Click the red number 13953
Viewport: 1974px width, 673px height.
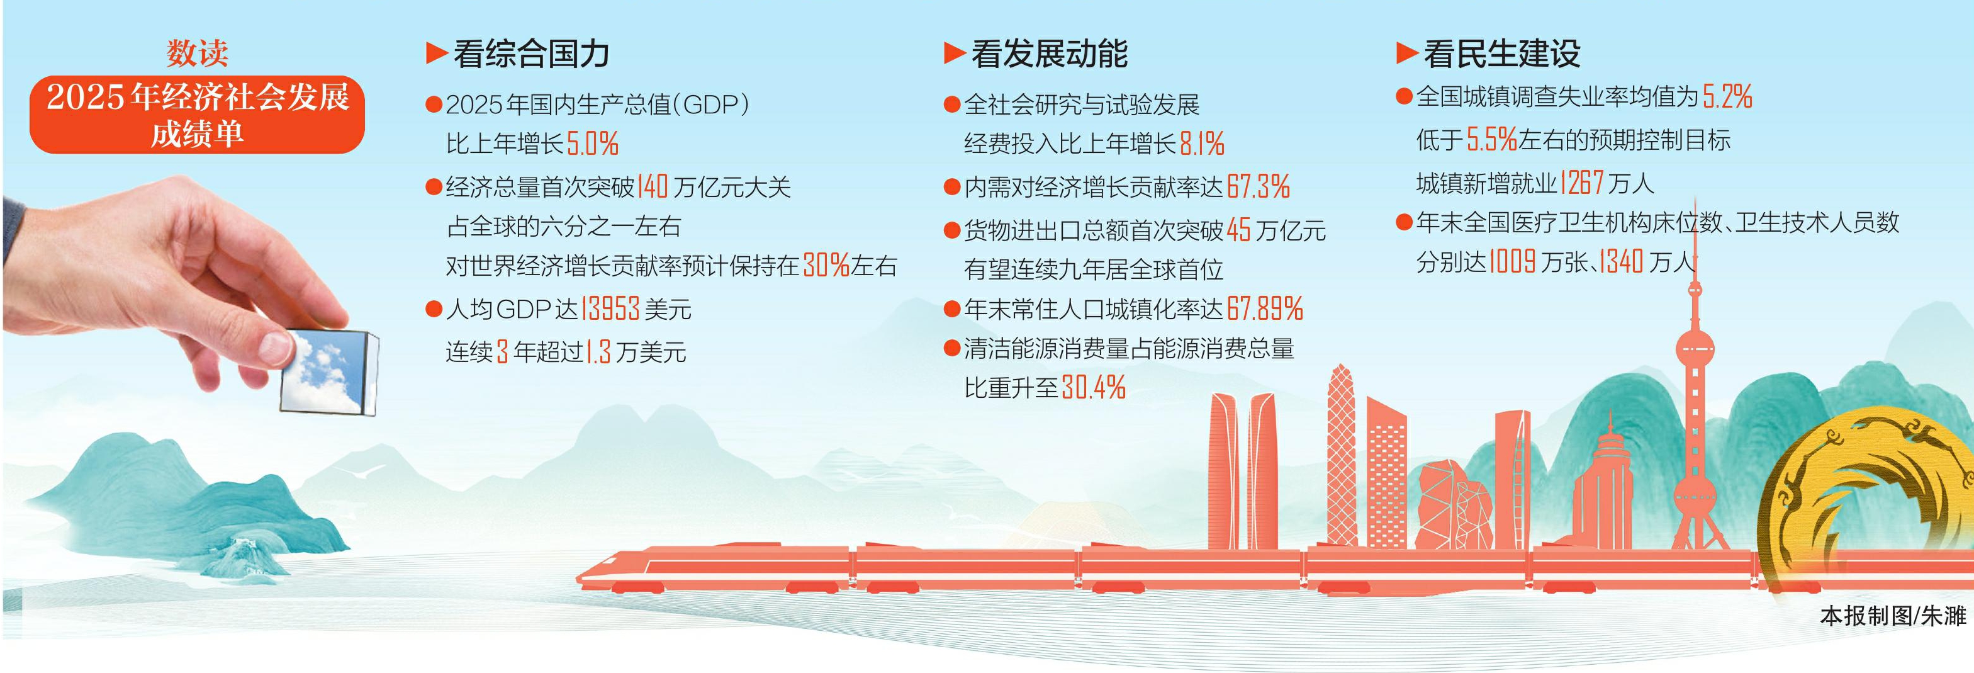(x=610, y=309)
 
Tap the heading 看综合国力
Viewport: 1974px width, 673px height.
(x=531, y=54)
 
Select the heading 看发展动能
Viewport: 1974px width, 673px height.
(x=1049, y=54)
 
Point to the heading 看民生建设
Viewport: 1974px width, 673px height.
(x=1502, y=54)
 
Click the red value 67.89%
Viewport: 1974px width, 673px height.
(x=1264, y=309)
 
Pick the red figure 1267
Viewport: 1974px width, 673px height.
(x=1581, y=183)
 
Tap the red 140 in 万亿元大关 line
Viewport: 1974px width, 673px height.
(x=652, y=186)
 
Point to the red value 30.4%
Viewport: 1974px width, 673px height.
(x=1094, y=387)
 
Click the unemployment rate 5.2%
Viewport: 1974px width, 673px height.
(x=1727, y=96)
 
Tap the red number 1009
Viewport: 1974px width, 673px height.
(x=1512, y=262)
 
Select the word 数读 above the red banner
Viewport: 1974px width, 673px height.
(x=197, y=53)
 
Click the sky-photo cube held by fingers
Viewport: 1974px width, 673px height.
(x=328, y=372)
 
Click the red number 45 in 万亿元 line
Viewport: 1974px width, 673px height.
(x=1238, y=230)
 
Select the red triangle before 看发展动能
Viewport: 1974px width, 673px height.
(x=954, y=53)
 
